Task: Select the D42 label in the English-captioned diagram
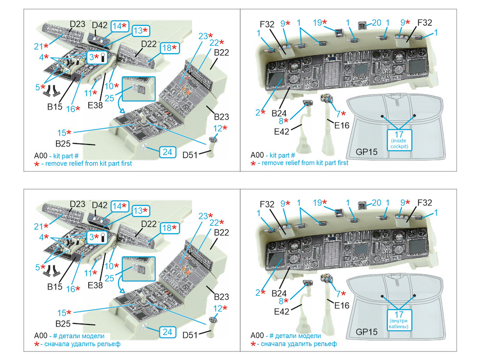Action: pos(100,25)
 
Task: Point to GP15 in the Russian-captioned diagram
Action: pos(367,332)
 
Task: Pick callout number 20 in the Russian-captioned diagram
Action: pos(376,203)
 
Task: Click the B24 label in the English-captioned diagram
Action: pos(279,113)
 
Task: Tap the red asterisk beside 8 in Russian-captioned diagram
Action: pos(287,301)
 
